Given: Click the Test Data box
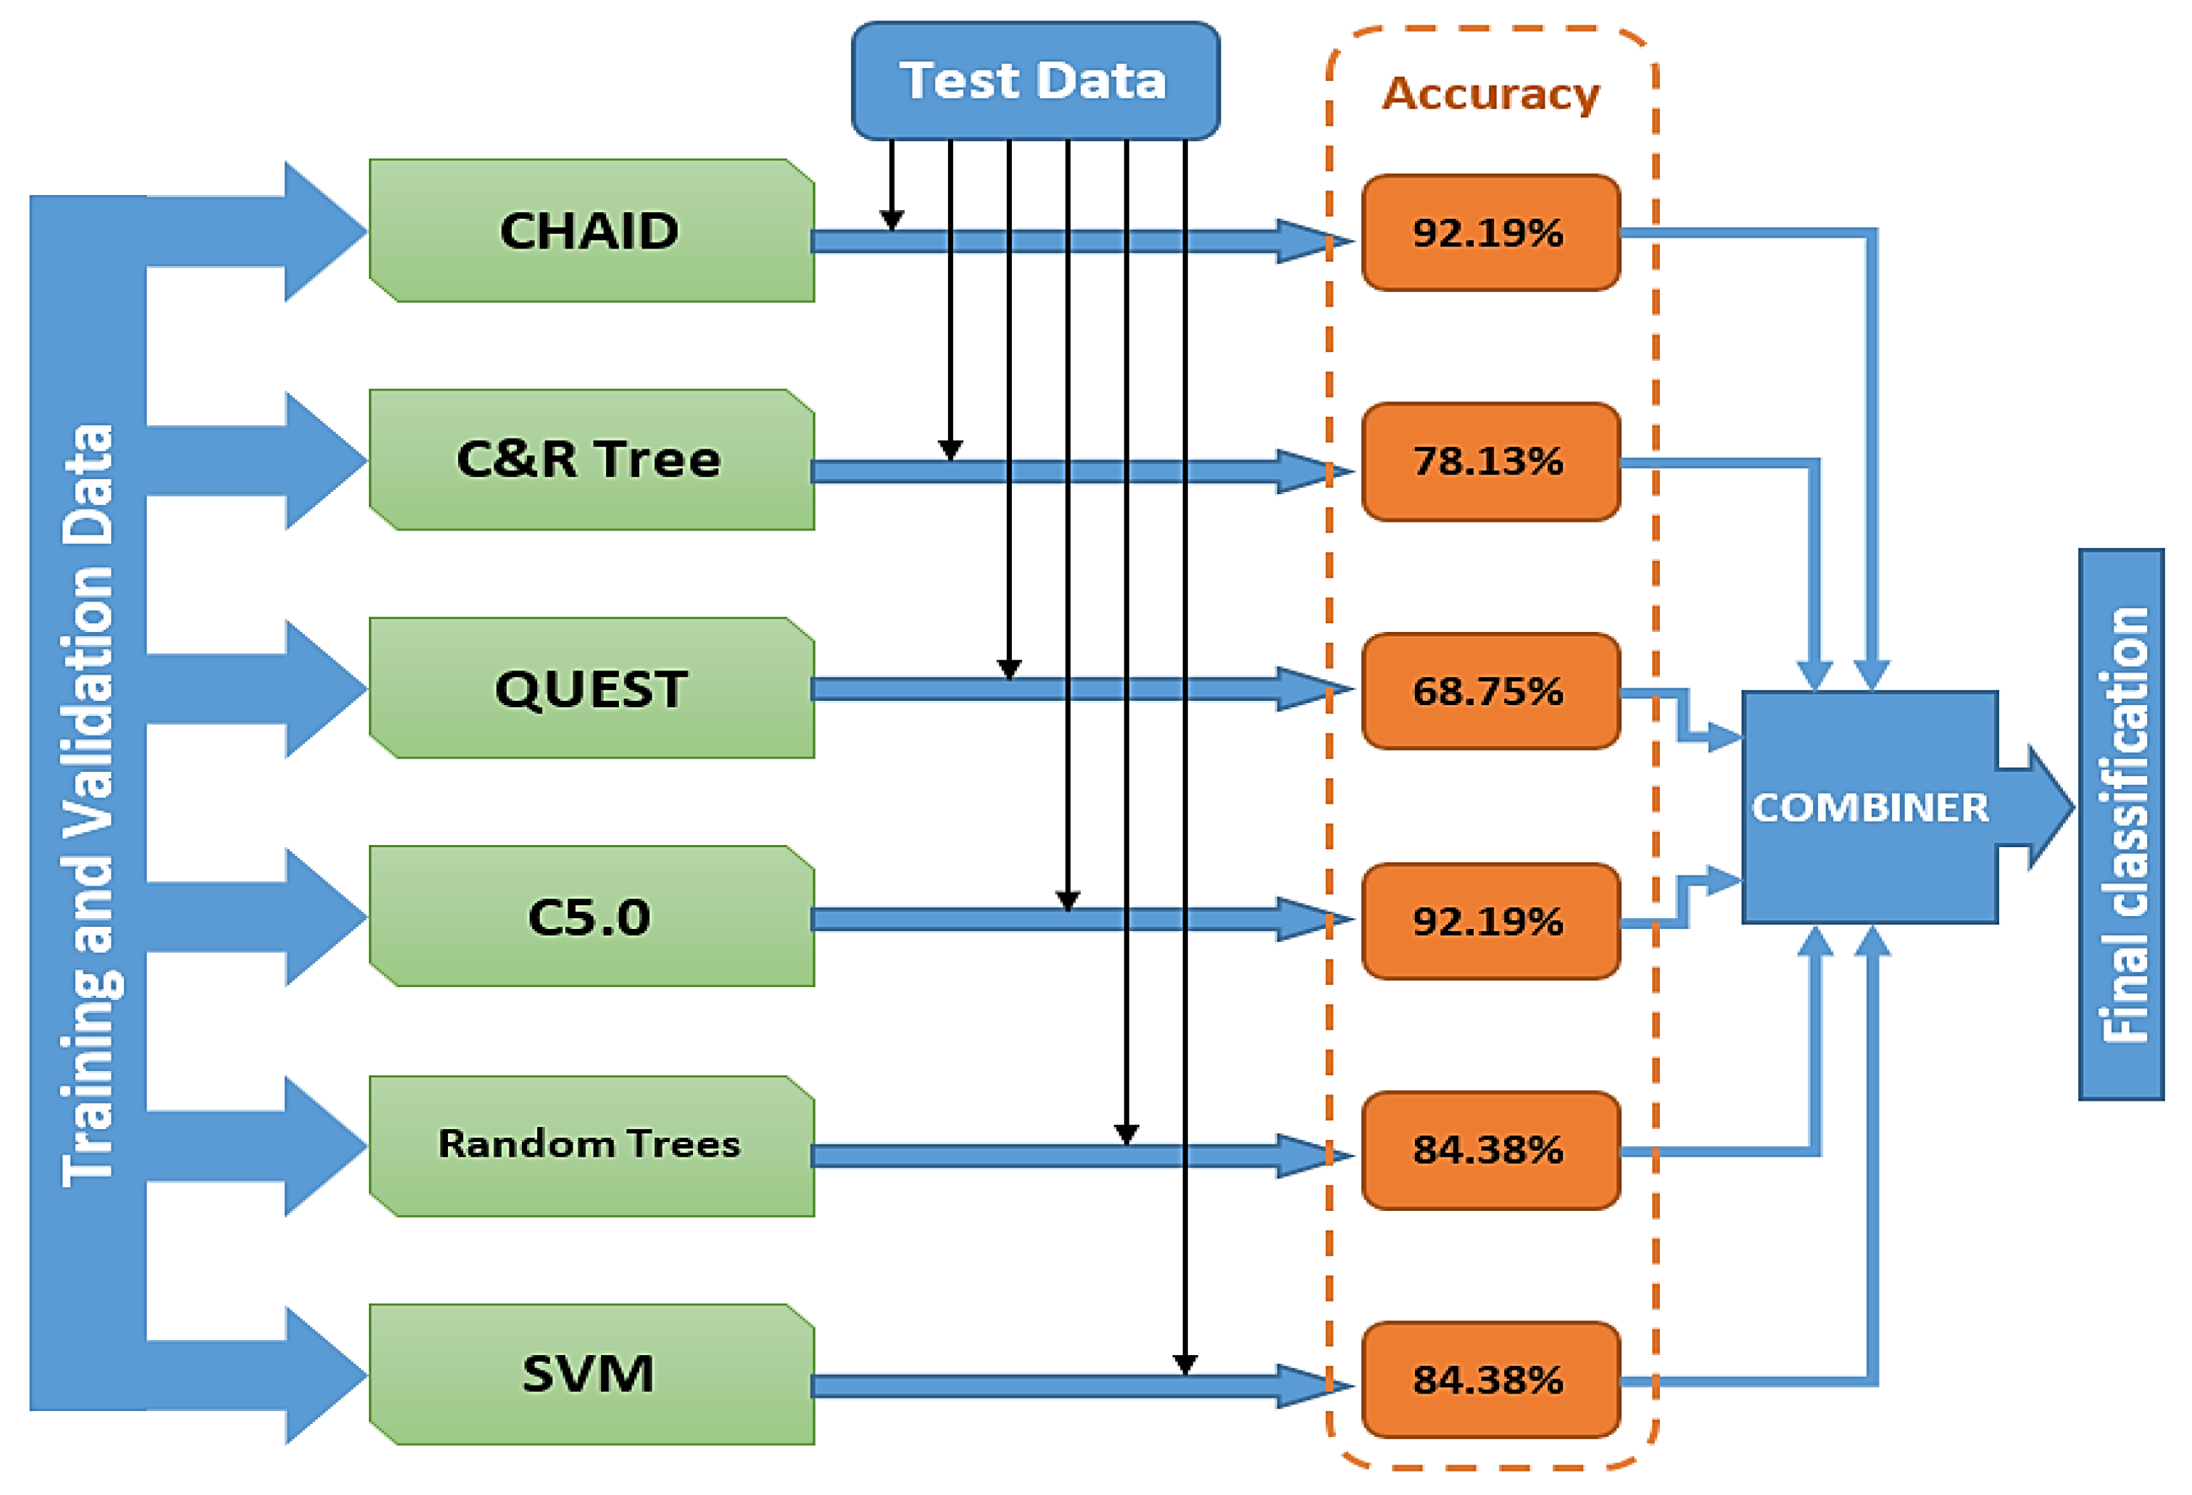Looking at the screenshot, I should (x=1034, y=81).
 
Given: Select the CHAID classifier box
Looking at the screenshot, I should (x=591, y=231).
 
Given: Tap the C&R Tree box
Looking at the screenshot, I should (x=591, y=459).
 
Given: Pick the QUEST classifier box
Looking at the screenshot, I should (x=591, y=688).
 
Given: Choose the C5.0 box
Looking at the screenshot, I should (x=591, y=917).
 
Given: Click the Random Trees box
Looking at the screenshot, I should (x=591, y=1145).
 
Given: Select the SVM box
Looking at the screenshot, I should (x=591, y=1374).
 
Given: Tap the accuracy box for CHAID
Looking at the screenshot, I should (x=1490, y=233).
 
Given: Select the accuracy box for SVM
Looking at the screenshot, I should (x=1490, y=1380).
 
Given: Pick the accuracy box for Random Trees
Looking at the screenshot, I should (x=1490, y=1151).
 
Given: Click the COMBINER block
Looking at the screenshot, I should (x=1869, y=807).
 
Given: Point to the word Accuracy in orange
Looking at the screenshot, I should (x=1490, y=94).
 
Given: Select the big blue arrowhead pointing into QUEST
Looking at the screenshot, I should (x=325, y=688).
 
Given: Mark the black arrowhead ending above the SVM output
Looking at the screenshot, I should (x=1184, y=1364).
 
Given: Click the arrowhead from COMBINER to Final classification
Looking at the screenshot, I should (x=2048, y=807).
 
